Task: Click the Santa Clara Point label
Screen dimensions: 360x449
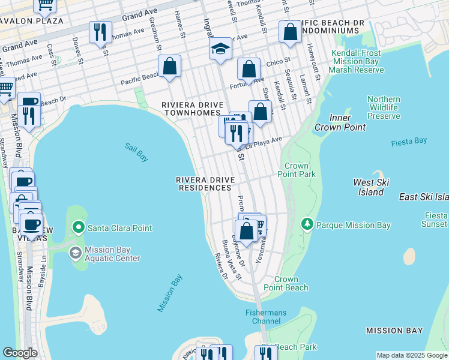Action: coord(119,228)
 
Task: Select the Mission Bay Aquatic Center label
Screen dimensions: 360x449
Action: coord(112,254)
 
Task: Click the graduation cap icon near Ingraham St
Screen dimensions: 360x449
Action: coord(220,49)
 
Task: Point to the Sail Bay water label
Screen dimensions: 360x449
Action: coord(136,152)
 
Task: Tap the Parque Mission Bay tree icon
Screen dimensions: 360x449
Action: coord(307,224)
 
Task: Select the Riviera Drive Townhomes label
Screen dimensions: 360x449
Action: coord(192,109)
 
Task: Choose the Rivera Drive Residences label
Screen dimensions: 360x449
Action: coord(204,184)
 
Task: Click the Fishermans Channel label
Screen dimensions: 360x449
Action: coord(265,317)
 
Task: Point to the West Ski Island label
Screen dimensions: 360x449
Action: coord(368,187)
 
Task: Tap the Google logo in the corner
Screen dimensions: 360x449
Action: coord(20,353)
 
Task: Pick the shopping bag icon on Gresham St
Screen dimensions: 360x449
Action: coord(170,67)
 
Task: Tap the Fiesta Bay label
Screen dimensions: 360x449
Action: coord(409,141)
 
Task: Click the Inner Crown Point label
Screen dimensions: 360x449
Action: coord(340,122)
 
